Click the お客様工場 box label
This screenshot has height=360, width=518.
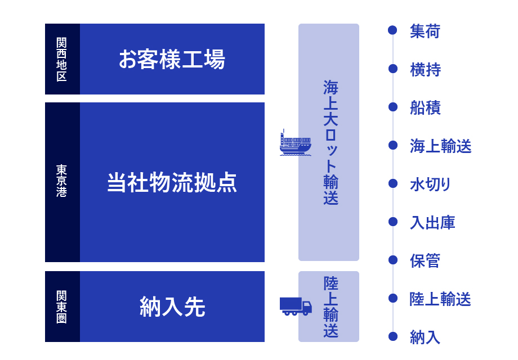coord(172,60)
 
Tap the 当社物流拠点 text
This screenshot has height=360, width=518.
coord(172,182)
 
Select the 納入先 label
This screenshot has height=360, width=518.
coord(172,307)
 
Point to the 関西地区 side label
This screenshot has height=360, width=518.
coord(62,60)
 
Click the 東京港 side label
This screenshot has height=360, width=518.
coord(62,181)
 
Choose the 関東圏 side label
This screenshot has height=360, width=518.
coord(62,307)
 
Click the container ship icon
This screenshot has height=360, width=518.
coord(296,142)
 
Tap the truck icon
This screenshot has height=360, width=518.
coord(296,306)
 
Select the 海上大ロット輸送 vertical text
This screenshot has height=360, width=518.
coord(331,142)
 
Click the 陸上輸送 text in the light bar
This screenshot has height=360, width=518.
coord(331,307)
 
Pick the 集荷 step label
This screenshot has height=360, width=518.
coord(425,31)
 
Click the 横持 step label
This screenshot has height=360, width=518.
coord(425,70)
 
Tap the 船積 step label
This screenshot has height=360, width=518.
coord(425,107)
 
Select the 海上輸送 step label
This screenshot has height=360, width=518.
coord(441,146)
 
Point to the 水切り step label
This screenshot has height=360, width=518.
coord(430,184)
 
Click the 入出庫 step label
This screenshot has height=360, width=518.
coord(432,222)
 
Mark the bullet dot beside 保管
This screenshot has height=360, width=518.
coord(393,260)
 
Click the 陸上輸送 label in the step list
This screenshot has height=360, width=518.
coord(440,299)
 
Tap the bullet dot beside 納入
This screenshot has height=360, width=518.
coord(393,336)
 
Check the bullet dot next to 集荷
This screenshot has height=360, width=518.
coord(393,30)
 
